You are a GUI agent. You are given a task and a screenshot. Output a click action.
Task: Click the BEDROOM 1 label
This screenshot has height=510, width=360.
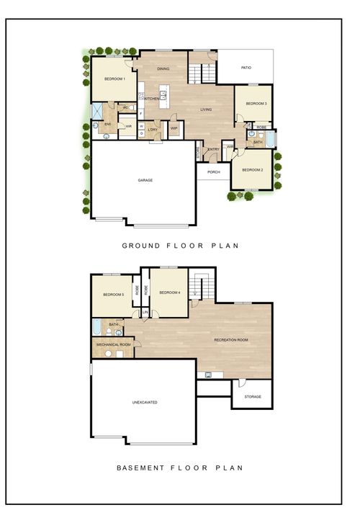(114, 79)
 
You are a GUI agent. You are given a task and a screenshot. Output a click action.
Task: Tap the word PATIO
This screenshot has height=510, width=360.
(246, 68)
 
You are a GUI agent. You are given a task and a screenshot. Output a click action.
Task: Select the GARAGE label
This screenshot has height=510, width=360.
(145, 180)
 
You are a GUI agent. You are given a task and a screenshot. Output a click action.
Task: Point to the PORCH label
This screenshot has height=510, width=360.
(213, 172)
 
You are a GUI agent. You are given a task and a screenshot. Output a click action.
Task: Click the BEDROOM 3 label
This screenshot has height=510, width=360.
(256, 104)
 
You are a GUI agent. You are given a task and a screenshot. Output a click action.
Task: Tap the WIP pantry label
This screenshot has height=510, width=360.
(174, 129)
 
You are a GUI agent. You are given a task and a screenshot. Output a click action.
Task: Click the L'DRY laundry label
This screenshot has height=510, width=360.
(153, 130)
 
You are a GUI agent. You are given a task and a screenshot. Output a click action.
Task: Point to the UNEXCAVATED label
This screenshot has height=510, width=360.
(144, 402)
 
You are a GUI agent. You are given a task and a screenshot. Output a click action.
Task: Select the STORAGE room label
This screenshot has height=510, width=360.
(252, 397)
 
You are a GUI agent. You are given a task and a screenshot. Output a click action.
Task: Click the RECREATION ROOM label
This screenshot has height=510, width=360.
(231, 339)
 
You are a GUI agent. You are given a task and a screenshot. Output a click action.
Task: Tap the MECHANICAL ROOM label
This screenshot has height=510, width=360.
(114, 345)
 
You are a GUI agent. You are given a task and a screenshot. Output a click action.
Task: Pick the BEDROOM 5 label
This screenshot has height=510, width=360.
(113, 295)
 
